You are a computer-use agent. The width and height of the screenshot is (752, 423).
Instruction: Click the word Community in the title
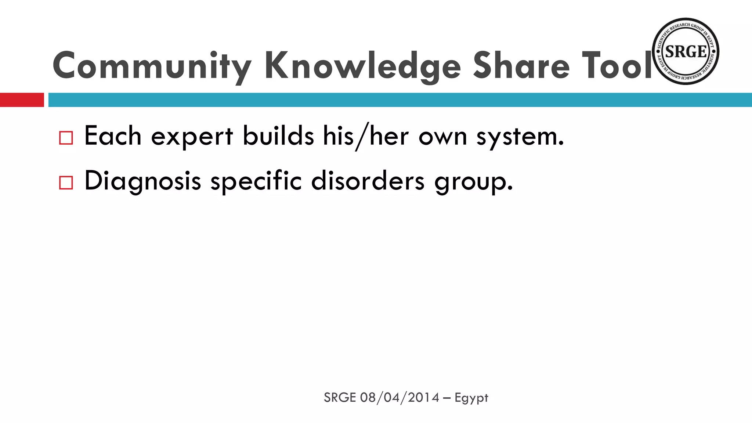coord(152,66)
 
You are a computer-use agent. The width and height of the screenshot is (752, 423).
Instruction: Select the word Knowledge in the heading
coord(362,66)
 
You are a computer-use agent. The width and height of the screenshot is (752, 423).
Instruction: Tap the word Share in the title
coord(521,66)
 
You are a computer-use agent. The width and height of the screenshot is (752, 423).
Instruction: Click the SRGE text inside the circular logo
coord(686,52)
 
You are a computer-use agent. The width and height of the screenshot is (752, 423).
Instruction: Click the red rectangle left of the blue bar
coord(22,100)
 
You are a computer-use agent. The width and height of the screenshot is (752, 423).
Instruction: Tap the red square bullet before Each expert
coord(66,138)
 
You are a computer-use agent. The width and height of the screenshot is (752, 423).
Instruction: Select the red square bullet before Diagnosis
coord(66,182)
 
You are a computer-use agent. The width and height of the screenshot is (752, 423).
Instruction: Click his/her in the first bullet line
coord(366,137)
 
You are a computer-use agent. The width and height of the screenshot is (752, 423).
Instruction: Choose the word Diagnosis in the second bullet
coord(142,181)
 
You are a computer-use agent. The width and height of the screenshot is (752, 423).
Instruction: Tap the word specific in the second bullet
coord(256,181)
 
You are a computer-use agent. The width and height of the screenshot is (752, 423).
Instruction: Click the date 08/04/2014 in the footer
coord(399,398)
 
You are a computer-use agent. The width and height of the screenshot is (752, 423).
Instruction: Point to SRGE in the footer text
coord(340,398)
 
